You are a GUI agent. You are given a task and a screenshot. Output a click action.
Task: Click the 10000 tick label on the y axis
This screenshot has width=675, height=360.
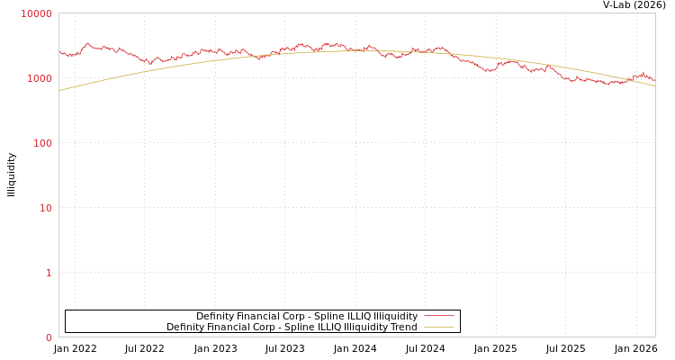37,13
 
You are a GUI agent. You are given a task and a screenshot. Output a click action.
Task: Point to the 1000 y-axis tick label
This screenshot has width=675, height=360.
40,78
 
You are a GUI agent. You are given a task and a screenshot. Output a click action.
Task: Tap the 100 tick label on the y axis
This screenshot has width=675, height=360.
42,143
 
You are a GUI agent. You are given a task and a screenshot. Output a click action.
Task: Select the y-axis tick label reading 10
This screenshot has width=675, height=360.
46,208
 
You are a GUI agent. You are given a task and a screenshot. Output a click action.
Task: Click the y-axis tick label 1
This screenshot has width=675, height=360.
49,273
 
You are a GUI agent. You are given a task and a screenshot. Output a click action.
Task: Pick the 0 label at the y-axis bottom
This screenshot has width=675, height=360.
49,337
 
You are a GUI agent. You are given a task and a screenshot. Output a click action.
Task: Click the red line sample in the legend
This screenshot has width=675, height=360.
438,316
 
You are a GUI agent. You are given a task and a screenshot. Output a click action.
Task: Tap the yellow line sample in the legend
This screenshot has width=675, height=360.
438,327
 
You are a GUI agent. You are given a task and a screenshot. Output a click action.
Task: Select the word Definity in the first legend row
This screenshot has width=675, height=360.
215,316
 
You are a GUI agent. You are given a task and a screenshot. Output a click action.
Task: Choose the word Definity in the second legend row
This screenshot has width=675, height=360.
185,327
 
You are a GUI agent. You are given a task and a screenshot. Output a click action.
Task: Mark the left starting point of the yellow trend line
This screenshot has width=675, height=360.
59,91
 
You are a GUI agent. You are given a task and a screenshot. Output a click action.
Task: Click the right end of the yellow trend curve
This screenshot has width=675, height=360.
654,85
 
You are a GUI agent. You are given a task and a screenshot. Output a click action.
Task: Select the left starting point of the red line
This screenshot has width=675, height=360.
59,52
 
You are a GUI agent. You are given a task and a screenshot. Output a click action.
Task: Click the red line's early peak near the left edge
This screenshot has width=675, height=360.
87,43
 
